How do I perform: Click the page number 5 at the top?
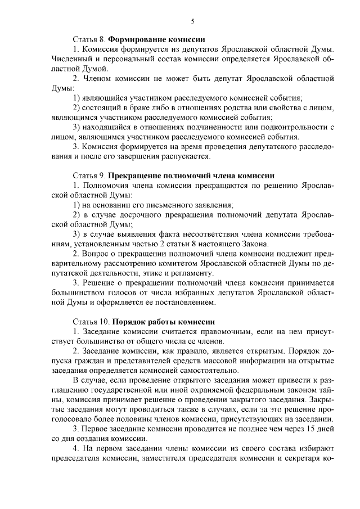192,21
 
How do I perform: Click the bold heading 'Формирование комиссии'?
156,40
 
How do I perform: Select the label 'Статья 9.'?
89,175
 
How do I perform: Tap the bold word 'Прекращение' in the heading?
137,175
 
